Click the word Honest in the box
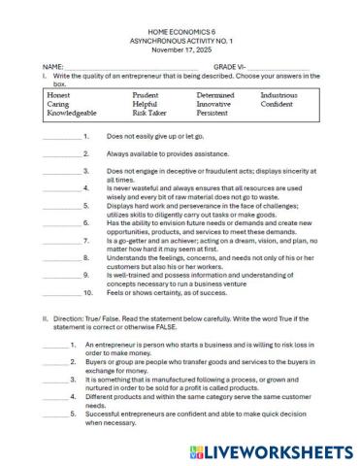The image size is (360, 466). pos(58,95)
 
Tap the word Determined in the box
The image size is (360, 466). pos(215,95)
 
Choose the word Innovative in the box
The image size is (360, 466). pos(214,104)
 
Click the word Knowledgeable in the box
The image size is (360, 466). pos(72,113)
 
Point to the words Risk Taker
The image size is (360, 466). pos(149,113)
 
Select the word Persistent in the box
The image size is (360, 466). pos(213,113)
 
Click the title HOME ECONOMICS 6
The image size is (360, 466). pos(180,31)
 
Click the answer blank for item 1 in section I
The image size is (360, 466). pos(62,138)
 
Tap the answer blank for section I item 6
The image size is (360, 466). pos(62,223)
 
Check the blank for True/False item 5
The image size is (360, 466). pos(55,414)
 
